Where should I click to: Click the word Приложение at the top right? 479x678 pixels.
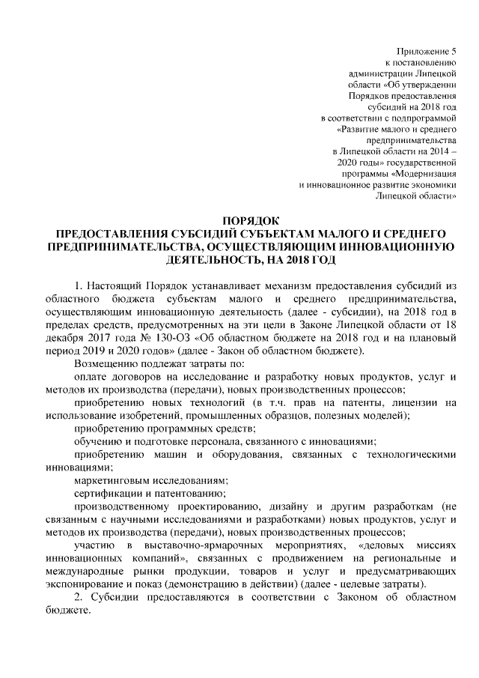[426, 50]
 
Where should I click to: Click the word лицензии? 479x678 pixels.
[403, 403]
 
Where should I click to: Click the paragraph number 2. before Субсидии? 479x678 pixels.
[79, 597]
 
